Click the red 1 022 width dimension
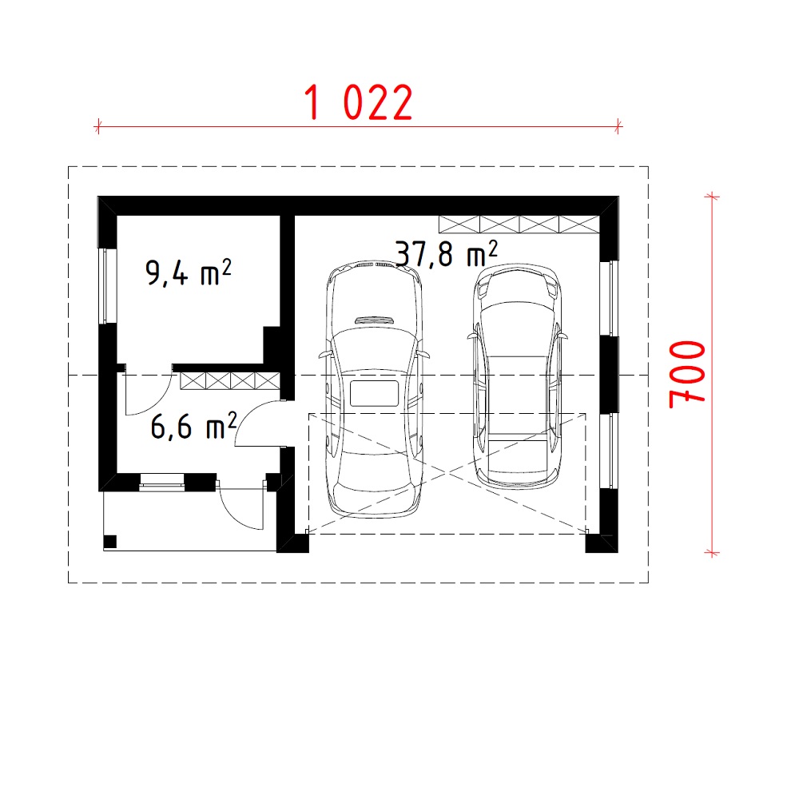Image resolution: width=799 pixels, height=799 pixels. [x=358, y=102]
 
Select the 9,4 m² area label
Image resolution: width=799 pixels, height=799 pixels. [x=188, y=272]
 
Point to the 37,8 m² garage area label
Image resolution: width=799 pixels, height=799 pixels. [x=447, y=254]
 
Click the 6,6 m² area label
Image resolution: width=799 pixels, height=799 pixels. [x=193, y=426]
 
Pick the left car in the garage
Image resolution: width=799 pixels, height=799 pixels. [x=374, y=390]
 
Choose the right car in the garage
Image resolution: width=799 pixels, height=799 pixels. [x=517, y=377]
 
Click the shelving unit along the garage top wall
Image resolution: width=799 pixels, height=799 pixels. [x=519, y=225]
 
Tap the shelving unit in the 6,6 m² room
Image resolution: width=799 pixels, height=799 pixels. [x=230, y=381]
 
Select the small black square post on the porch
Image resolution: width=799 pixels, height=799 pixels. [x=110, y=542]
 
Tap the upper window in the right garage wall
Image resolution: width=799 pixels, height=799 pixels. [x=609, y=298]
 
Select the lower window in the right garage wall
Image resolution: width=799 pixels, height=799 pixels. [x=609, y=451]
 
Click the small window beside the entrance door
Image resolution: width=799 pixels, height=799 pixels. [x=162, y=482]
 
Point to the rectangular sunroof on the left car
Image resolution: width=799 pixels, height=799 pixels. [x=374, y=393]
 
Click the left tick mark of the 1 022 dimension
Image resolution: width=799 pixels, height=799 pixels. [x=97, y=126]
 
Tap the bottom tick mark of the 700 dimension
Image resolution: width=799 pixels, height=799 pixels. [x=712, y=552]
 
